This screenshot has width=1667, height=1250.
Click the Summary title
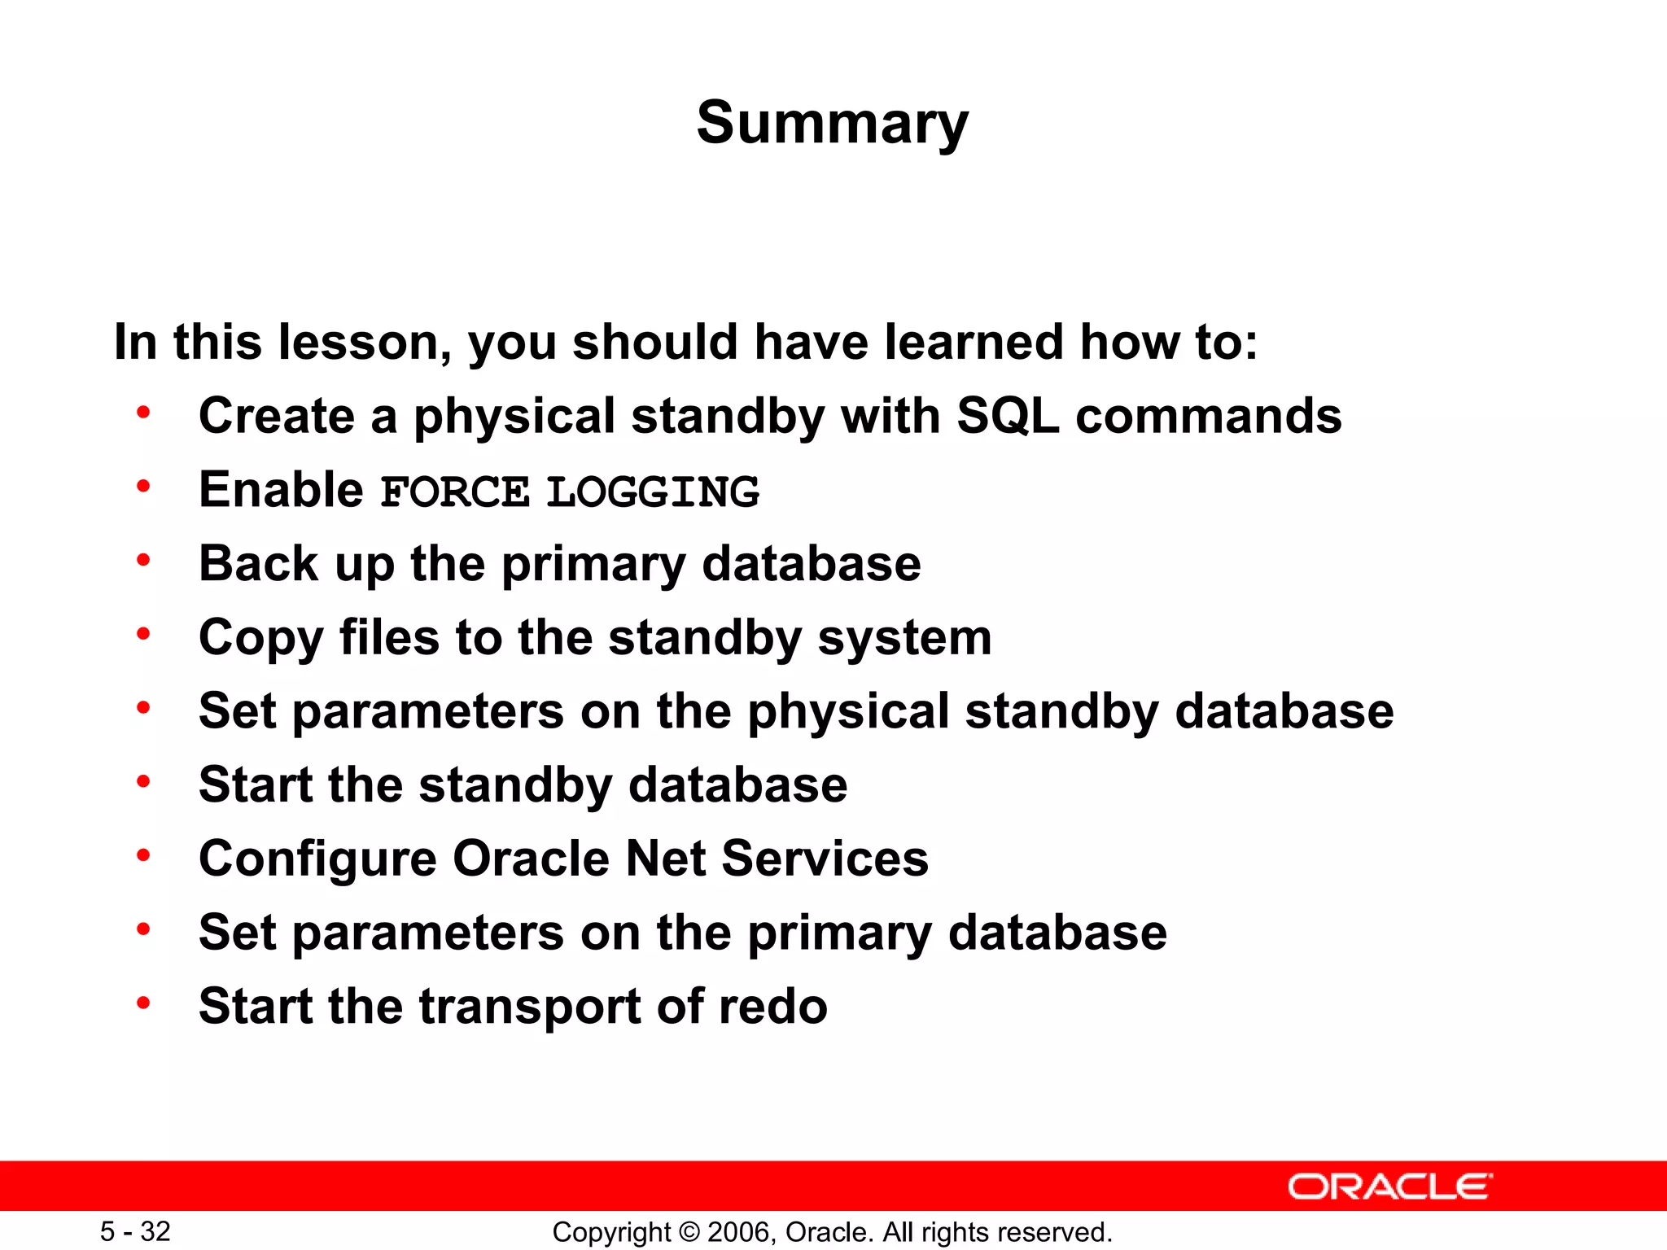pyautogui.click(x=832, y=124)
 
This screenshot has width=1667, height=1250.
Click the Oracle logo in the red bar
pyautogui.click(x=1389, y=1187)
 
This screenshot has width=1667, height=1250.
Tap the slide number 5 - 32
pyautogui.click(x=135, y=1231)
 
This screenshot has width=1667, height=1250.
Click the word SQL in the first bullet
pyautogui.click(x=1008, y=416)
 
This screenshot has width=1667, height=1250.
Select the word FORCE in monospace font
pyautogui.click(x=455, y=492)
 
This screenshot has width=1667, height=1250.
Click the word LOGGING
pyautogui.click(x=652, y=492)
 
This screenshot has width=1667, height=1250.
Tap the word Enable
pyautogui.click(x=281, y=490)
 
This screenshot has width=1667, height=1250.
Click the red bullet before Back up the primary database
pyautogui.click(x=143, y=560)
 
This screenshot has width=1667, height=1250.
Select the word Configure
pyautogui.click(x=317, y=859)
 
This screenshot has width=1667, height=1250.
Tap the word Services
pyautogui.click(x=825, y=859)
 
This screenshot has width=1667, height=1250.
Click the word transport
pyautogui.click(x=529, y=1007)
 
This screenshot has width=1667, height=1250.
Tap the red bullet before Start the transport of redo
pyautogui.click(x=143, y=1003)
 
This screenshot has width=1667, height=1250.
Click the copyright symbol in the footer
pyautogui.click(x=689, y=1232)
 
